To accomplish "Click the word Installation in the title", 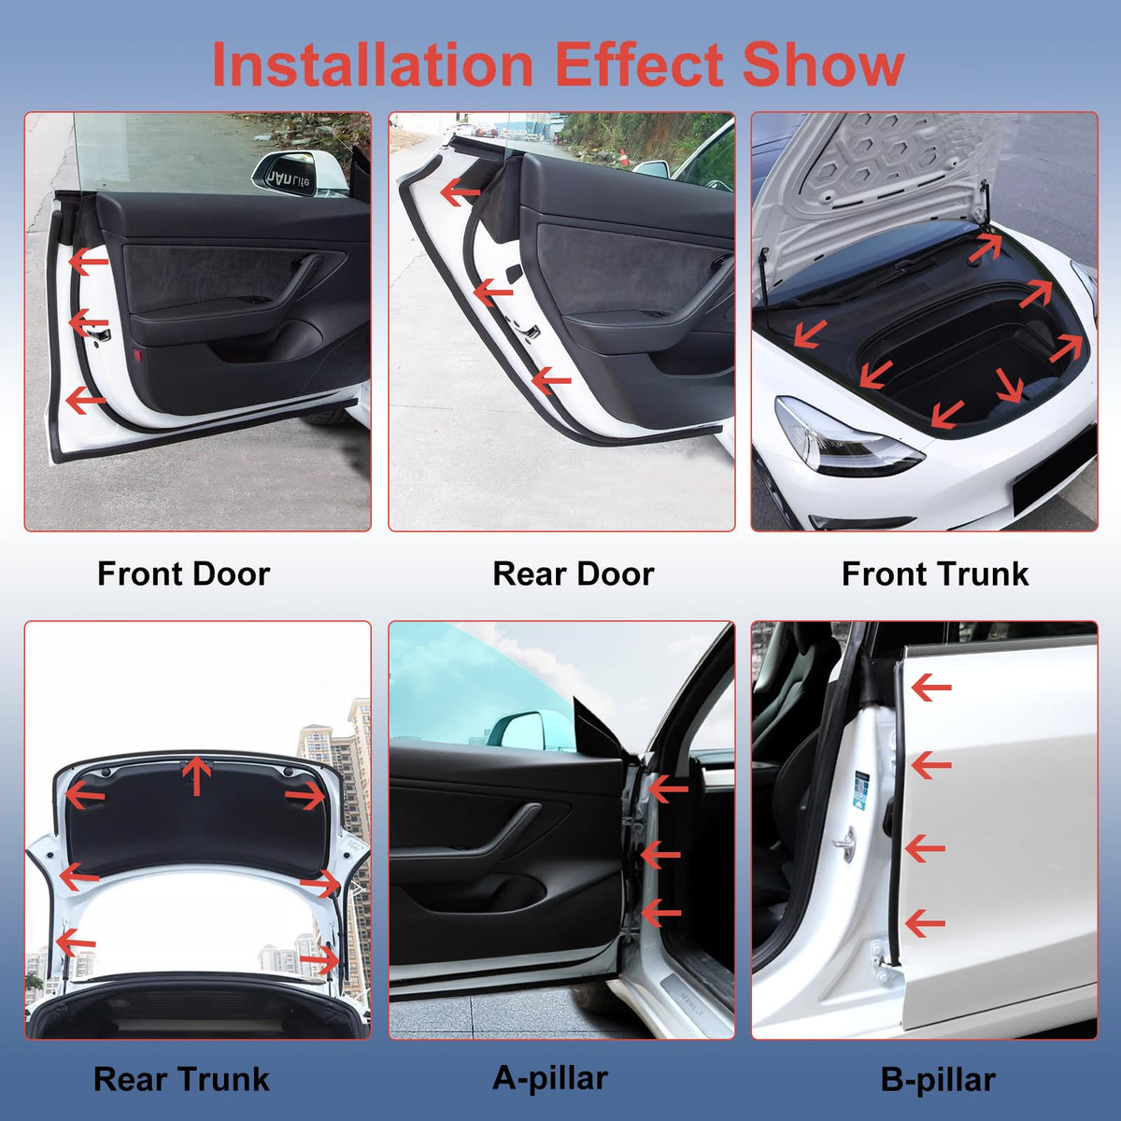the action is click(x=373, y=64).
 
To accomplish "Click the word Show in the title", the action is click(x=823, y=64).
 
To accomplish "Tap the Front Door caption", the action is click(x=184, y=574).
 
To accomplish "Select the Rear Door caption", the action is click(x=573, y=574).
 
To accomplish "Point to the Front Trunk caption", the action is click(x=935, y=574).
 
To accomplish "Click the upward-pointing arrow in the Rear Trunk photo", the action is click(x=196, y=775).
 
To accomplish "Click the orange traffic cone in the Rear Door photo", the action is click(x=624, y=157).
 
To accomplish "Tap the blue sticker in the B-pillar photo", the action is click(x=860, y=790).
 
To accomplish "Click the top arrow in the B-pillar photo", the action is click(x=930, y=688).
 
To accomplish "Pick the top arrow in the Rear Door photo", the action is click(x=461, y=192).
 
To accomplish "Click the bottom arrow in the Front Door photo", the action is click(x=86, y=401).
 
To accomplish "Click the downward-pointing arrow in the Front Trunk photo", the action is click(x=1009, y=385).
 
